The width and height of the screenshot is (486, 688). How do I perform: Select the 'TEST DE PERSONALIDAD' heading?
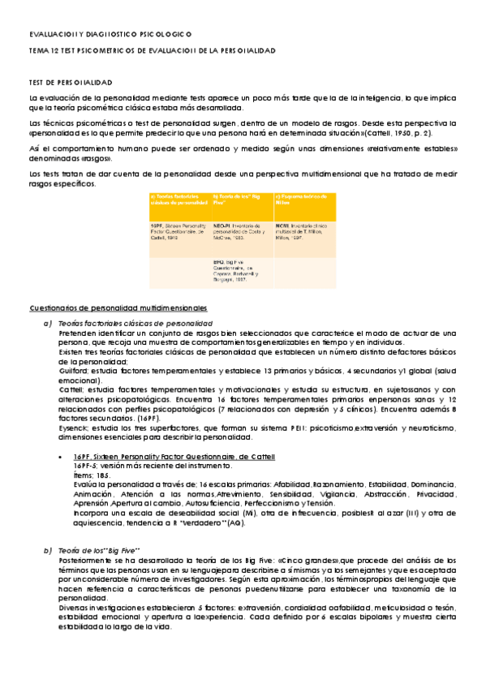pyautogui.click(x=71, y=83)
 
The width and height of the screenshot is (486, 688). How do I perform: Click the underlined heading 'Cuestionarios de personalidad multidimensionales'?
pyautogui.click(x=118, y=308)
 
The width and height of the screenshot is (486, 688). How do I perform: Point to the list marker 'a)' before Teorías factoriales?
pyautogui.click(x=48, y=324)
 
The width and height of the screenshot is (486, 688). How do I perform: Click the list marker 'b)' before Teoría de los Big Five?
pyautogui.click(x=48, y=551)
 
